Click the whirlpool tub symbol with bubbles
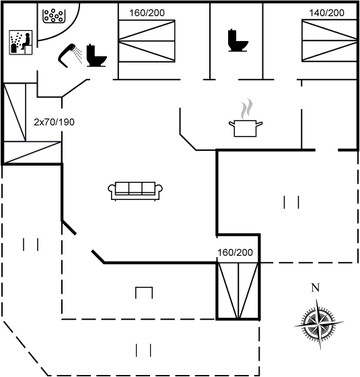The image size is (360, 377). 54,16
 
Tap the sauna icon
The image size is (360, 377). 21,42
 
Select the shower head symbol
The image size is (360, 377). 67,55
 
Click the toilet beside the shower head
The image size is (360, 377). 96,55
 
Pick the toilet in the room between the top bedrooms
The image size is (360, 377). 238,40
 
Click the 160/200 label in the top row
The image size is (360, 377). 147,13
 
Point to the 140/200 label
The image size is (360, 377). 326,13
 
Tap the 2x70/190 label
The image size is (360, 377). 54,122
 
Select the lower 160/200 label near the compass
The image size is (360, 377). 235,252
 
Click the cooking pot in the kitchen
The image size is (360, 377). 245,129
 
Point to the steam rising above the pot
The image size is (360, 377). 247,108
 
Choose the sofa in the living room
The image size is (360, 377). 135,191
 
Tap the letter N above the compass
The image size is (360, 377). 316,287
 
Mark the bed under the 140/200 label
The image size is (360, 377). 329,41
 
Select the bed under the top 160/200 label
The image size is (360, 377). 147,41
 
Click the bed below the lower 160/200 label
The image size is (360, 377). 238,291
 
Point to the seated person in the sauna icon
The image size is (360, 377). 27,41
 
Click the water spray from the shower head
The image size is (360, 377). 78,55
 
